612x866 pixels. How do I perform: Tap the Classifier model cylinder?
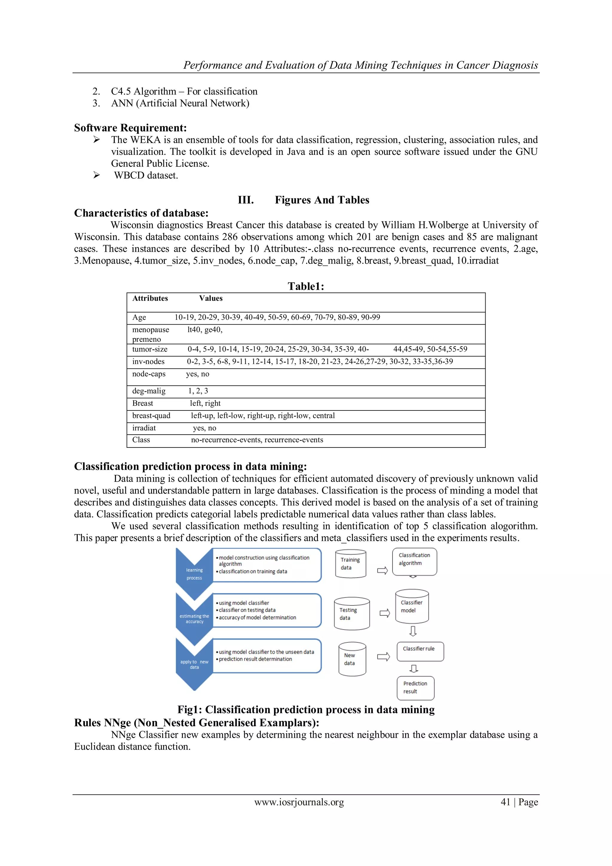point(412,606)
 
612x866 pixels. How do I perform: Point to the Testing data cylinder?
point(351,614)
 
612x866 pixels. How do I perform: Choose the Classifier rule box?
point(420,651)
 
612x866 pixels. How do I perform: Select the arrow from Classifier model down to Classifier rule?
point(413,631)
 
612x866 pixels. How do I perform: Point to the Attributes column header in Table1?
point(150,298)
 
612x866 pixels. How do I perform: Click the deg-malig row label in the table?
point(149,391)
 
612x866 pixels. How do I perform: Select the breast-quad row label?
point(151,416)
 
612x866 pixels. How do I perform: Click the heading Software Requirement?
point(130,128)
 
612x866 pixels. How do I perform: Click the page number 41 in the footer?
point(505,802)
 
